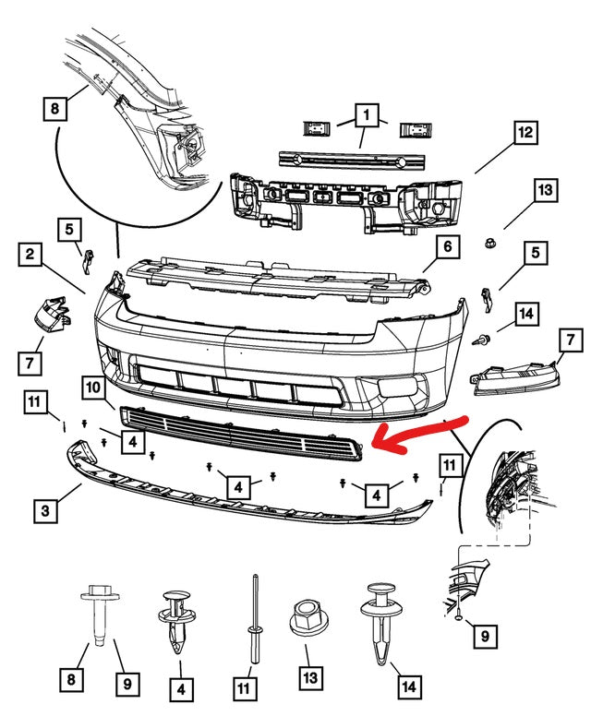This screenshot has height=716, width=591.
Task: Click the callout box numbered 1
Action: point(367,115)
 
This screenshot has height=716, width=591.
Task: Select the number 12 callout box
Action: point(525,133)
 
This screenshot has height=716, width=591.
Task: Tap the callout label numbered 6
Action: point(446,246)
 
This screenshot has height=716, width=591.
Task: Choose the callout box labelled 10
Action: point(94,389)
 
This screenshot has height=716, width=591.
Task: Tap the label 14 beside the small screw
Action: point(525,315)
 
